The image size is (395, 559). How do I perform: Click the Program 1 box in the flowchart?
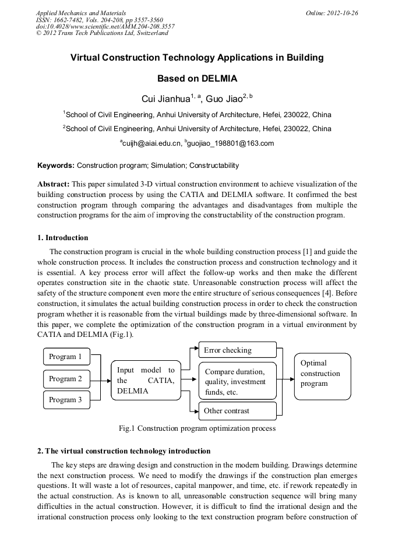click(x=66, y=357)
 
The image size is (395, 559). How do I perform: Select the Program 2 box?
click(x=66, y=379)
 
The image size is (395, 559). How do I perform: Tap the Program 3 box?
click(x=66, y=400)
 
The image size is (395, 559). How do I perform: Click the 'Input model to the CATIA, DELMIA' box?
click(x=146, y=380)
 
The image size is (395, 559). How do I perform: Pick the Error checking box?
click(x=237, y=350)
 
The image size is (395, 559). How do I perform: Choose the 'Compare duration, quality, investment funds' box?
click(x=237, y=381)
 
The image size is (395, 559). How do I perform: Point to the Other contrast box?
click(x=237, y=411)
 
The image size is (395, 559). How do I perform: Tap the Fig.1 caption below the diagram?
click(x=197, y=428)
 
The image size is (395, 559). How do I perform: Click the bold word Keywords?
click(x=56, y=166)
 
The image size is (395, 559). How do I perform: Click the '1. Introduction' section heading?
click(x=63, y=238)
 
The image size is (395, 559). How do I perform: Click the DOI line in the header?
click(x=105, y=26)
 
